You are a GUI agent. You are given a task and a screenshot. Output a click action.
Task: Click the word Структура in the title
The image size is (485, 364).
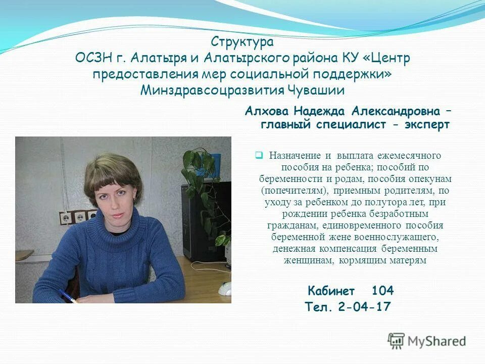(242, 42)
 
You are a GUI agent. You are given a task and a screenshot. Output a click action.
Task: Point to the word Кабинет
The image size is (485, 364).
(331, 291)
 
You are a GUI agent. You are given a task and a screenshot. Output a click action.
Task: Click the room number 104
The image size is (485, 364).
(382, 291)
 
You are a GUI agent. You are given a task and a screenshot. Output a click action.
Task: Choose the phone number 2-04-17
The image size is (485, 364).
(365, 307)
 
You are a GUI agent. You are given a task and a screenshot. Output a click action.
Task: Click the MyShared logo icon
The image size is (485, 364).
(396, 340)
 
